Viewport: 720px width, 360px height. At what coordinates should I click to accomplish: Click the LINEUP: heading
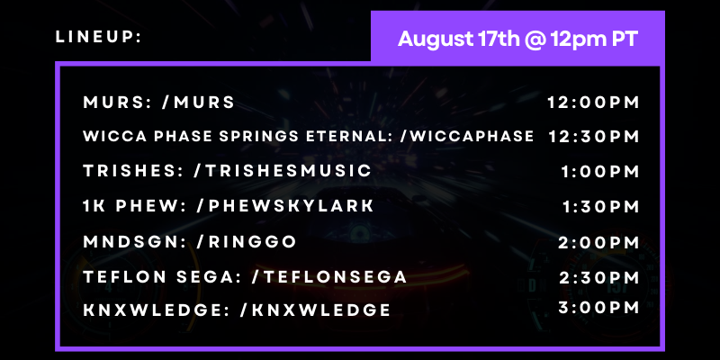tap(98, 37)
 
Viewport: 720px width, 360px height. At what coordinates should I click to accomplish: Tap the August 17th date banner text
tap(517, 39)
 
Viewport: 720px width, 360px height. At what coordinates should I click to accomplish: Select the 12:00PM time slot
tap(593, 103)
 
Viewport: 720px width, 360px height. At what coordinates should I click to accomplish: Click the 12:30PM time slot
tap(594, 137)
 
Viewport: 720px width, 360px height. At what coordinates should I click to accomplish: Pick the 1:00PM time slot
tap(600, 172)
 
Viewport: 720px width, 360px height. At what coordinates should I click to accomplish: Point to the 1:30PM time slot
tap(601, 207)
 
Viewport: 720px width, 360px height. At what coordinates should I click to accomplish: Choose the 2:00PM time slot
tap(598, 242)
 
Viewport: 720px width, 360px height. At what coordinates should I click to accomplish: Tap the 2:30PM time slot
tap(599, 278)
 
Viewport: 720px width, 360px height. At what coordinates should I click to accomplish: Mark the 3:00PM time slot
tap(598, 308)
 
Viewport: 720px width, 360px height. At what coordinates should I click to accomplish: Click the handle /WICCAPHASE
tap(467, 136)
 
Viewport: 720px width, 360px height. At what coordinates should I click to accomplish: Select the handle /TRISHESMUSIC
tap(283, 171)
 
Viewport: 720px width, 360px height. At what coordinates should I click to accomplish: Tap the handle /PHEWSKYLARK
tap(284, 206)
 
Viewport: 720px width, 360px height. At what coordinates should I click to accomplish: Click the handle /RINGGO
tap(247, 241)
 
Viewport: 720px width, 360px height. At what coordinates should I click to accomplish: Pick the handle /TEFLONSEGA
tap(328, 277)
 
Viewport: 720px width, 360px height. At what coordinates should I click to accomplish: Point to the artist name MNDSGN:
tap(136, 241)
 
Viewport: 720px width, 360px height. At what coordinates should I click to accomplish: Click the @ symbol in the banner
tap(534, 40)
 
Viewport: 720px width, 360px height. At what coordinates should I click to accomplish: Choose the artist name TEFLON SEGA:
tap(163, 277)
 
